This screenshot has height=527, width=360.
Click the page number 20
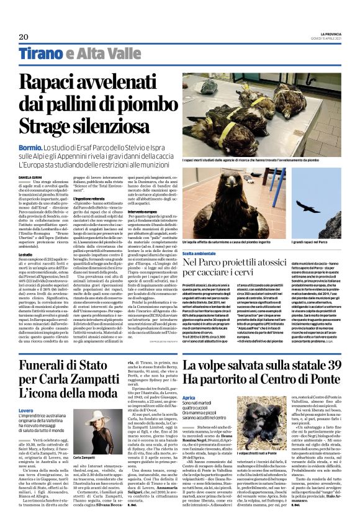click(24, 37)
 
